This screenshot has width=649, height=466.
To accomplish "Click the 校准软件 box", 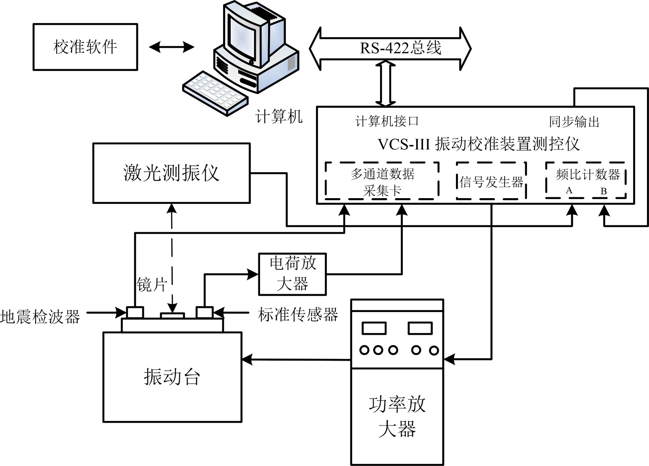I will click(x=85, y=47).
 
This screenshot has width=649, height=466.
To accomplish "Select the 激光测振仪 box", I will click(x=171, y=173).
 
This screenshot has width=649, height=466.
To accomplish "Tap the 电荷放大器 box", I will click(x=292, y=274).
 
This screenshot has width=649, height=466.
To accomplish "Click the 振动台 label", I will click(x=172, y=377).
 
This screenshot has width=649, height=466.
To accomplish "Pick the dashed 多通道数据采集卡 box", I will click(x=382, y=181).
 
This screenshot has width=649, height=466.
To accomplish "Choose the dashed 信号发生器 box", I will click(x=491, y=181).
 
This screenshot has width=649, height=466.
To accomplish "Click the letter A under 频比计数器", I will click(x=569, y=190).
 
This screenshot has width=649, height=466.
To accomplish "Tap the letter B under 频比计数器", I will click(x=604, y=191).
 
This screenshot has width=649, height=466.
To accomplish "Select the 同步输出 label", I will click(x=574, y=122).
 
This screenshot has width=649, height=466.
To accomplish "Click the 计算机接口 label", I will click(x=387, y=121).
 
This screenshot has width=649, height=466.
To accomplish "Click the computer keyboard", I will click(x=215, y=92).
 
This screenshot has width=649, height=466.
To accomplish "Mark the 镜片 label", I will click(x=152, y=284).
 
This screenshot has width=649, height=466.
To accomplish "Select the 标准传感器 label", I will click(x=298, y=314).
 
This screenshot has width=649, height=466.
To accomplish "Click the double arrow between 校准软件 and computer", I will click(x=172, y=47).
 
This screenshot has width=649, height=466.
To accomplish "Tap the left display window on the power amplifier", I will click(x=374, y=327).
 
